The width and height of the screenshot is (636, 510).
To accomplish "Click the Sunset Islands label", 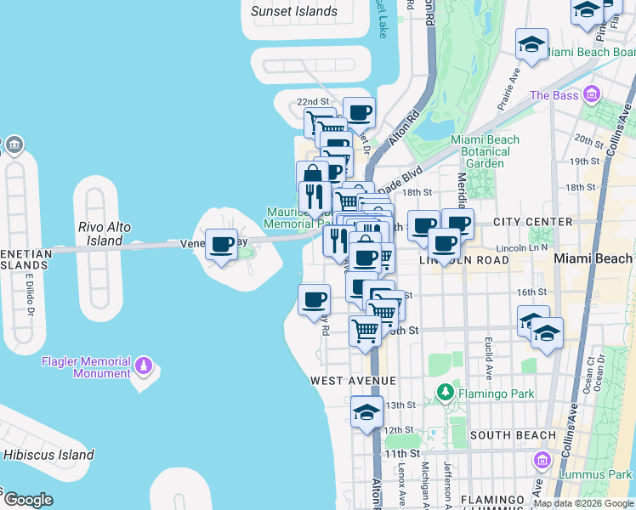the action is [294, 12].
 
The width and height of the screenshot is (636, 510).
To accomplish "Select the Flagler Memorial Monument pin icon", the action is [144, 366].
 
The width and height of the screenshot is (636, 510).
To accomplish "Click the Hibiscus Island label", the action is [48, 455].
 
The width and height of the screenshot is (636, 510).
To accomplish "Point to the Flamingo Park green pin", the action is [444, 393].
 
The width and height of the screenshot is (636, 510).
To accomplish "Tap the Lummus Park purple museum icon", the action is [541, 462].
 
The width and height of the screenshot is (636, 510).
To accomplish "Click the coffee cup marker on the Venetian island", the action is [222, 245].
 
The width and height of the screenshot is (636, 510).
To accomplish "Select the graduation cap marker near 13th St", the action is [366, 413].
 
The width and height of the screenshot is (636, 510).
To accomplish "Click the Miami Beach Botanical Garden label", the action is [486, 151].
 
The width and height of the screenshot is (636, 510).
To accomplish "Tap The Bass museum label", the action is [554, 95].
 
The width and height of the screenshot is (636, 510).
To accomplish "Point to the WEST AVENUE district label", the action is [353, 380].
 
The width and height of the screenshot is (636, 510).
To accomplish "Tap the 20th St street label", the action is [588, 139].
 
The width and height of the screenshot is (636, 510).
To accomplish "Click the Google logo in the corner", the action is [28, 500].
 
